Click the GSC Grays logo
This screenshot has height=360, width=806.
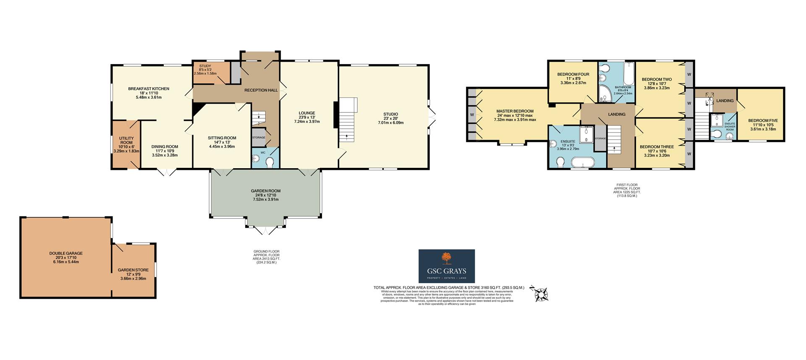(447, 266)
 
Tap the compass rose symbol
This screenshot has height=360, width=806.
(541, 294)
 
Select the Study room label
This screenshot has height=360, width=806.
(205, 66)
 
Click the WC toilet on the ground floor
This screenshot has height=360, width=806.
(270, 162)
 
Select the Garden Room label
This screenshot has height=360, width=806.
(265, 191)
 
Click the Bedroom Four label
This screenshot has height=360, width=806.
(573, 75)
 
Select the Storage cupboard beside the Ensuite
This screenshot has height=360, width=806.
(600, 139)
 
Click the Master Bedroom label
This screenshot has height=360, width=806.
(515, 111)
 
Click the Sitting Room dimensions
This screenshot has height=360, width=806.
(222, 146)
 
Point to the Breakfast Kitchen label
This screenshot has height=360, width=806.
(149, 89)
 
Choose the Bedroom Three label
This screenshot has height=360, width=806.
(657, 147)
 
